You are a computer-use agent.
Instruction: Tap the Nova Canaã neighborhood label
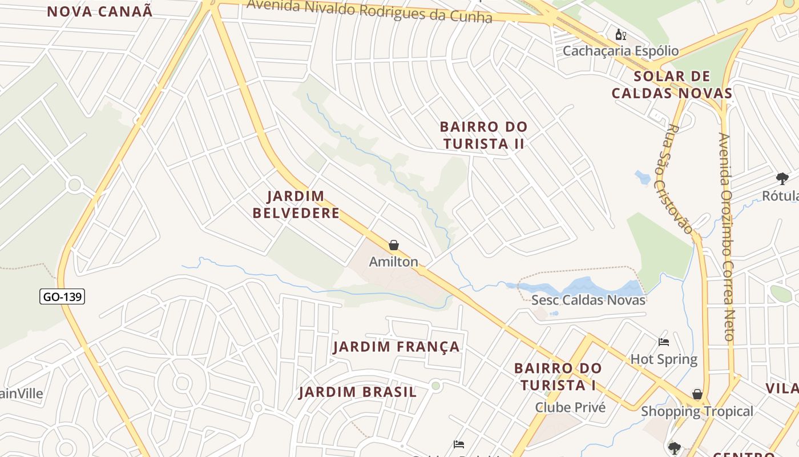tap(100, 11)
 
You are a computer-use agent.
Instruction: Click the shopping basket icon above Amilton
tap(394, 246)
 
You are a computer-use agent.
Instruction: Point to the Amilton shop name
tap(394, 262)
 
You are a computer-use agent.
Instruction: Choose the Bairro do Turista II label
tap(483, 135)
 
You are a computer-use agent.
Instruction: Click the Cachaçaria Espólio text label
tap(621, 51)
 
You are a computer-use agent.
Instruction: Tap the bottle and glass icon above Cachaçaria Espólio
tap(621, 35)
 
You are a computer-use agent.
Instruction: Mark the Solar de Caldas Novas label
tap(672, 85)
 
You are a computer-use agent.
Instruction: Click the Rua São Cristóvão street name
tap(679, 179)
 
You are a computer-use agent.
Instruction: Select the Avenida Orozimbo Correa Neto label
tap(726, 236)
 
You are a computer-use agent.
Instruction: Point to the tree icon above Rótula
tap(782, 179)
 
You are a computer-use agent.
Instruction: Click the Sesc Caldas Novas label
tap(588, 300)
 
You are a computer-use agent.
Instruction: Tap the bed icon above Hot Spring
tap(664, 342)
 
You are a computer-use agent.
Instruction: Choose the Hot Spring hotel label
tap(664, 359)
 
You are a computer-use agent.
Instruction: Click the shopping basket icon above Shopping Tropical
tap(697, 394)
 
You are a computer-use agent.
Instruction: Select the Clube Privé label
tap(570, 407)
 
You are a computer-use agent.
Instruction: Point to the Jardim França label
tap(396, 347)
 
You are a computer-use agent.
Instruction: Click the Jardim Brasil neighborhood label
tap(358, 392)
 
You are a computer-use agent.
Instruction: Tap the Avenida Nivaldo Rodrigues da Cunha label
tap(370, 11)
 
